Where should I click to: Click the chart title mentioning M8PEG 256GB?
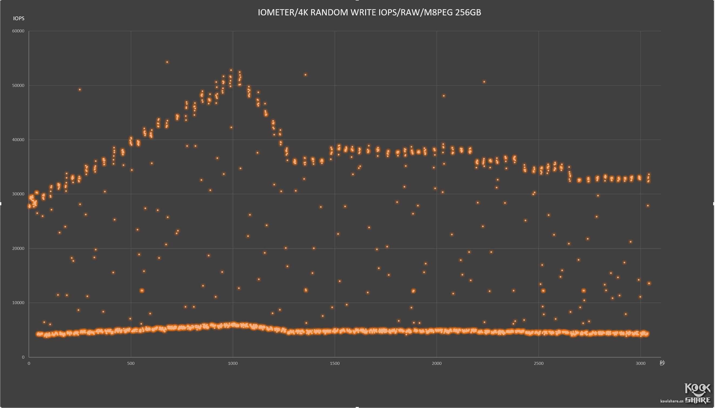pos(369,13)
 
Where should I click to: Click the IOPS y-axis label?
pos(19,18)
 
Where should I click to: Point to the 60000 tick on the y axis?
pos(18,31)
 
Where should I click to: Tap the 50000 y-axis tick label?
pos(18,85)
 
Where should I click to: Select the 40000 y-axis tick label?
pos(18,140)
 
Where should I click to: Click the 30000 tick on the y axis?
pos(18,194)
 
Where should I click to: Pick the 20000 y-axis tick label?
pos(18,249)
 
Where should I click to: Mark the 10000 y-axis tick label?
pos(18,303)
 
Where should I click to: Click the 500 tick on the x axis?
pos(131,363)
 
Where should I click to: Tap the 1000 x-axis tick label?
pos(233,363)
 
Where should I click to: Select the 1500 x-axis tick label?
pos(335,363)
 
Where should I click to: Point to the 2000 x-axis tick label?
pos(436,363)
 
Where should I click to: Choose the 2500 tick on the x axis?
pos(538,363)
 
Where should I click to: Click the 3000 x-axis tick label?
pos(640,363)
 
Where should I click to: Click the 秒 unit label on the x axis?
pos(662,363)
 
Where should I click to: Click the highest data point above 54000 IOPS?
pos(167,62)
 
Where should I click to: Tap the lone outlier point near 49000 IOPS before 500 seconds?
pos(80,90)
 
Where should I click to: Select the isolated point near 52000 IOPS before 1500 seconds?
pos(305,75)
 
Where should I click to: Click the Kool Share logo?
pos(697,393)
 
